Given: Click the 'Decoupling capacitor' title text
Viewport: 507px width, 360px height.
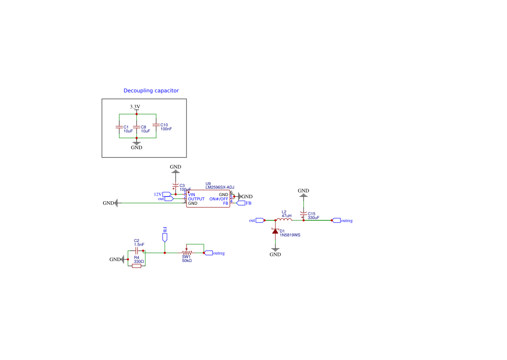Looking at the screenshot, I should (x=151, y=91).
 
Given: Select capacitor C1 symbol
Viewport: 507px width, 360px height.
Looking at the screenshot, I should (x=119, y=127).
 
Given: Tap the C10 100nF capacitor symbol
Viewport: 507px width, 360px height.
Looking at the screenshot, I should (x=156, y=125).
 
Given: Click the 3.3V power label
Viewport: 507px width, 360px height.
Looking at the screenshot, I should (x=135, y=107).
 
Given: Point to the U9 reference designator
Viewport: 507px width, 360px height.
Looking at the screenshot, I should (x=208, y=183).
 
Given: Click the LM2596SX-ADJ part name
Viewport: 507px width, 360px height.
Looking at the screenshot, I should (x=220, y=187).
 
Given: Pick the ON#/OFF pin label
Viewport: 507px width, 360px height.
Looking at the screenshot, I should (x=219, y=199).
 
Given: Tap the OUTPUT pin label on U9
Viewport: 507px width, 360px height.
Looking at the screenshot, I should (x=196, y=199).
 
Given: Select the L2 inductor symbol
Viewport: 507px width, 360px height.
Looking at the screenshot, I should (x=285, y=219).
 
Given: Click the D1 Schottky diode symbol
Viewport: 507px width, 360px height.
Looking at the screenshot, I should (x=275, y=231).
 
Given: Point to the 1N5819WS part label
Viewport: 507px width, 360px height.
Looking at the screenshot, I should (x=290, y=235).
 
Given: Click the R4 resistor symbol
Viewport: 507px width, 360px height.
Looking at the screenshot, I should (x=137, y=266).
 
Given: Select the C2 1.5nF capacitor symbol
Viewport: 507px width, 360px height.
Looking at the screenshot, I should (x=137, y=250).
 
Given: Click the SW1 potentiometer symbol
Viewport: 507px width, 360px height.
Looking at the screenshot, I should (x=186, y=252).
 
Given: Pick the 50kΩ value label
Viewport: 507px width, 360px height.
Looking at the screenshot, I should (x=187, y=261).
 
